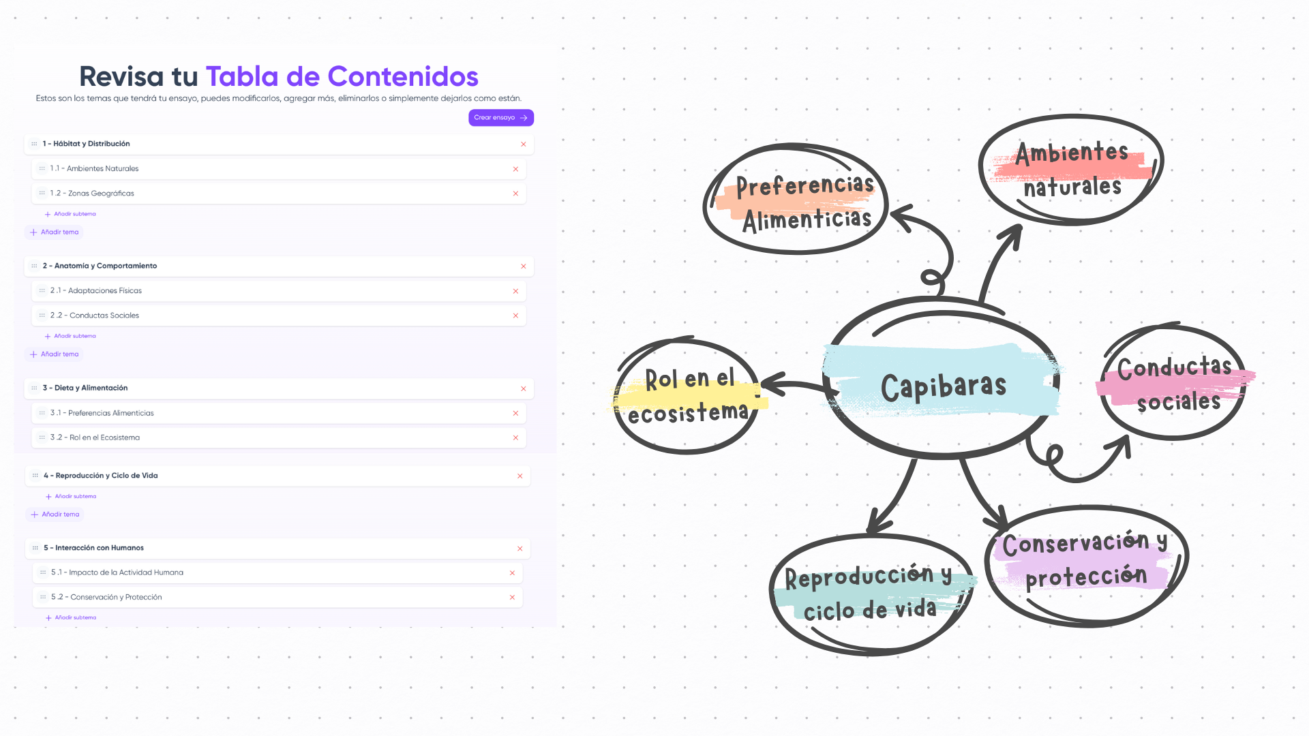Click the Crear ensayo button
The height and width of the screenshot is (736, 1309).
click(500, 118)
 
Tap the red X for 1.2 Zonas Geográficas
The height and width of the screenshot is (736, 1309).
click(515, 194)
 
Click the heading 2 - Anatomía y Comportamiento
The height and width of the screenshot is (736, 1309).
click(100, 266)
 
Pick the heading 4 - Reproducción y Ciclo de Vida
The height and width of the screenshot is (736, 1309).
click(100, 476)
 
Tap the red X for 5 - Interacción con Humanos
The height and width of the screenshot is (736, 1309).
click(520, 549)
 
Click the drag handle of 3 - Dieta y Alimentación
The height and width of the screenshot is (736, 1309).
click(34, 388)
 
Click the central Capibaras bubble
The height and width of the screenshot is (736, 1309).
click(943, 386)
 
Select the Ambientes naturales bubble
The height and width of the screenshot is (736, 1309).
click(1071, 169)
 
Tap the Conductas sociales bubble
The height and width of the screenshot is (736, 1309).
click(1174, 384)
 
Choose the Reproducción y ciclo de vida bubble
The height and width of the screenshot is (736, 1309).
click(869, 594)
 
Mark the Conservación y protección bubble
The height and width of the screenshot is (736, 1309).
click(1085, 560)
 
